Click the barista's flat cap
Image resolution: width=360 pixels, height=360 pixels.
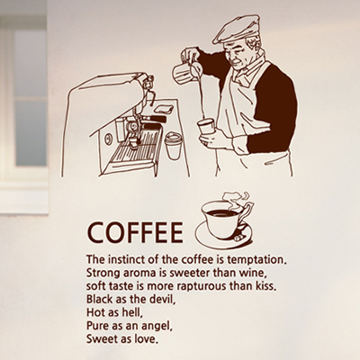[237, 29]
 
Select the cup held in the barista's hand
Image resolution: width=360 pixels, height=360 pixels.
[206, 127]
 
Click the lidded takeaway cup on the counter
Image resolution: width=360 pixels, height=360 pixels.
[174, 146]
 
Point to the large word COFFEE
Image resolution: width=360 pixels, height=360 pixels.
[135, 232]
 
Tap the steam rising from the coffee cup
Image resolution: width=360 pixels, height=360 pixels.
[237, 200]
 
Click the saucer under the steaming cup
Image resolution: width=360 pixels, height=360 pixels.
[223, 237]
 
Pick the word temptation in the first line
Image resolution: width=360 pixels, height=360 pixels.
[256, 260]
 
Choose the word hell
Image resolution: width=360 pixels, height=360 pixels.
[131, 312]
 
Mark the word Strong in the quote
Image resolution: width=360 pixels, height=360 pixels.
[102, 274]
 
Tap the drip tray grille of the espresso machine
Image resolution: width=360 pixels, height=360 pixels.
[137, 147]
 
